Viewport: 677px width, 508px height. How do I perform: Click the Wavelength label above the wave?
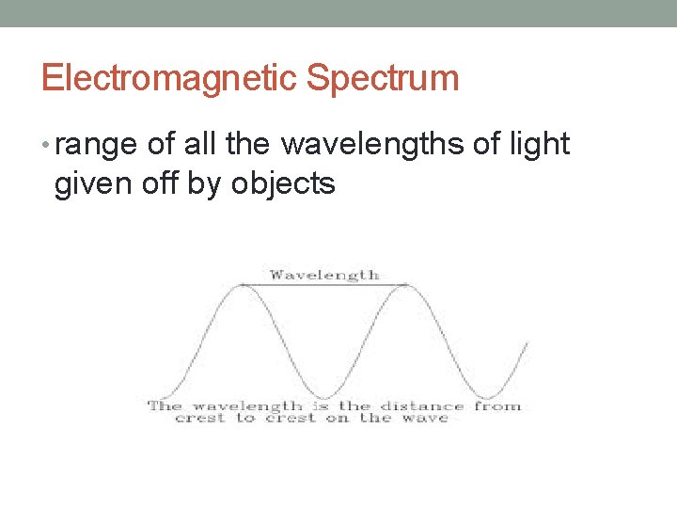[324, 275]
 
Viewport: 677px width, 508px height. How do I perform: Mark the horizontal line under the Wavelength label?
[324, 284]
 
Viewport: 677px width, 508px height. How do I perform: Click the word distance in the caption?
[422, 406]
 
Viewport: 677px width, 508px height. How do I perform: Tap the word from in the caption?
[496, 406]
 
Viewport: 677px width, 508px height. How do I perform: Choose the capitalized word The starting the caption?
[165, 406]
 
